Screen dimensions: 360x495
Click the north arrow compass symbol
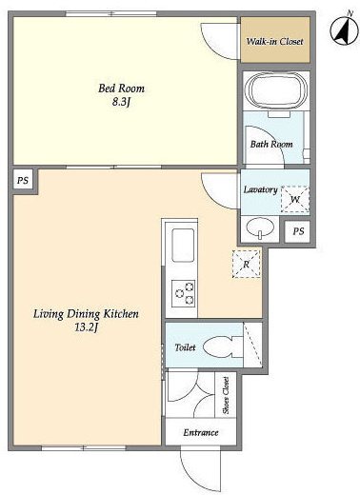pos(344,30)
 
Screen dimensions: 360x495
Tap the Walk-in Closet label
pos(275,41)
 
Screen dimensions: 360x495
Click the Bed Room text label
pos(121,89)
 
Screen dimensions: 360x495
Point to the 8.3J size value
pos(122,102)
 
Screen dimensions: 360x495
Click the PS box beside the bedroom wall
pos(23,181)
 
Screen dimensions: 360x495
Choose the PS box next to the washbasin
pos(298,231)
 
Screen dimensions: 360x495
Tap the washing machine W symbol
pos(295,200)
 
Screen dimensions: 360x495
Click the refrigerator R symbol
pos(247,264)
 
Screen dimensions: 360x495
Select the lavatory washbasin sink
pos(260,227)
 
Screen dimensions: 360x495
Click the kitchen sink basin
pos(183,245)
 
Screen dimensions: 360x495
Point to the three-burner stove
pos(183,293)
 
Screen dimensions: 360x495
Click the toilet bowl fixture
pos(222,346)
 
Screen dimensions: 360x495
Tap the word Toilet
pos(185,347)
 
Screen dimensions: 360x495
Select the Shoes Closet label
pos(226,395)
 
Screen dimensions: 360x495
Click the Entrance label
pos(201,432)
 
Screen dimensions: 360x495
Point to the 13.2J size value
pos(86,327)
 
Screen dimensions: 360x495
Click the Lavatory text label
pos(261,189)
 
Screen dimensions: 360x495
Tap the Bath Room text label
pos(271,144)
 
